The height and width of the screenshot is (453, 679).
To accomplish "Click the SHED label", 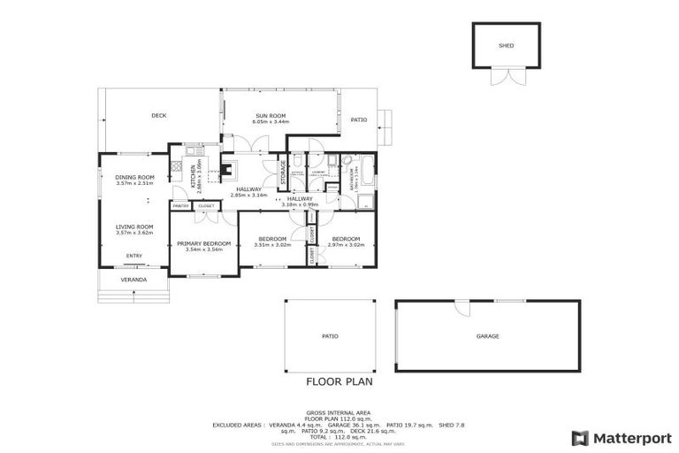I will pos(506,45).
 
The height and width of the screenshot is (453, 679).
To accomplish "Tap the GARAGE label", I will pos(488,336).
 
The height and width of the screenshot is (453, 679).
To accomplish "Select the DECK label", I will pos(158,115).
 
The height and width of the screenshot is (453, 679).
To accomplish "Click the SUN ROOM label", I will pos(271,116).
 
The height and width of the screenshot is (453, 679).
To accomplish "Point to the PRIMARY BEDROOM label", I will pos(203,243).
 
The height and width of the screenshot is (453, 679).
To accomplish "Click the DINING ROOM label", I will pos(134,178).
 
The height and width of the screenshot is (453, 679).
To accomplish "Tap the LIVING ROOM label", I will pos(134,226).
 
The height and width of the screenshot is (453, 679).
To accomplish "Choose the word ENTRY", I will pos(134,257).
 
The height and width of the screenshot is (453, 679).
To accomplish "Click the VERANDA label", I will pos(133,280).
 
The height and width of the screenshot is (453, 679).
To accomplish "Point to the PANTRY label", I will pos(179,205).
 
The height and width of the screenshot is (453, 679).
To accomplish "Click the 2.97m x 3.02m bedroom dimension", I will pos(346,244).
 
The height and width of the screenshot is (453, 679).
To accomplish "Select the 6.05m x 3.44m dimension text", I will pos(271,122).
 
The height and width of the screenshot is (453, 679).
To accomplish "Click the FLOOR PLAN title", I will pos(339,383).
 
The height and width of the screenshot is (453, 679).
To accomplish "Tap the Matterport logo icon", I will pos(579,438).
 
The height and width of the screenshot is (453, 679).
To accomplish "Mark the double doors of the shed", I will pos(505,78).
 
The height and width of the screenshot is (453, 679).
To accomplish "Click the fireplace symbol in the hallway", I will pos(228,168).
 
